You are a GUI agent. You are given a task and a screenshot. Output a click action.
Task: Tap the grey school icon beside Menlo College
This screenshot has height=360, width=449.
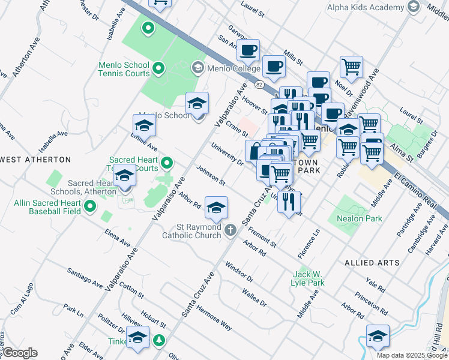pyautogui.click(x=197, y=67)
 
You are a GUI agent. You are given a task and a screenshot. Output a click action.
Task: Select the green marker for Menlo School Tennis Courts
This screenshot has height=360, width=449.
pyautogui.click(x=158, y=69)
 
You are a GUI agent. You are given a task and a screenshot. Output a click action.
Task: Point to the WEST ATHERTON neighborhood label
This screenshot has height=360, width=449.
pyautogui.click(x=36, y=160)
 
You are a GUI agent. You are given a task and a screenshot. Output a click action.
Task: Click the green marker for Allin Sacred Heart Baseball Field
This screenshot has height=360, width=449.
pyautogui.click(x=91, y=207)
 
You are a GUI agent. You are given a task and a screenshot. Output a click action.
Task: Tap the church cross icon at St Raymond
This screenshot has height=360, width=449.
pyautogui.click(x=231, y=230)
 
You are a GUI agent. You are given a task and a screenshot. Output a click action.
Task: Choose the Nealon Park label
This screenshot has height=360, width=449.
pyautogui.click(x=360, y=219)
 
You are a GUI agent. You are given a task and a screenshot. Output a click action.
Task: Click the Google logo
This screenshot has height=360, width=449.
pyautogui.click(x=19, y=353)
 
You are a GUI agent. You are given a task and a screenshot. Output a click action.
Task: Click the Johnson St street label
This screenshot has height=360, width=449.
pyautogui.click(x=210, y=176)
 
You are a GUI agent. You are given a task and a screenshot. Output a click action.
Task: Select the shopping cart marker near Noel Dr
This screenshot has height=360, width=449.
pyautogui.click(x=351, y=67)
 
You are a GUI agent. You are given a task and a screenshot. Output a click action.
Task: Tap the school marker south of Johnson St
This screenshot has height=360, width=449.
pyautogui.click(x=215, y=208)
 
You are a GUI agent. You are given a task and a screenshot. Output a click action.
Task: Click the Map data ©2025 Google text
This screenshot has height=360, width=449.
pyautogui.click(x=412, y=355)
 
